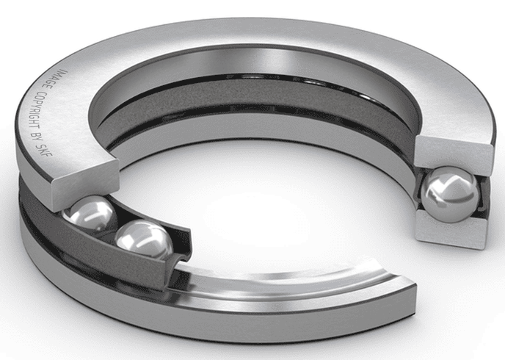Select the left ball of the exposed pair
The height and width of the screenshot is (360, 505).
click(x=90, y=216)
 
